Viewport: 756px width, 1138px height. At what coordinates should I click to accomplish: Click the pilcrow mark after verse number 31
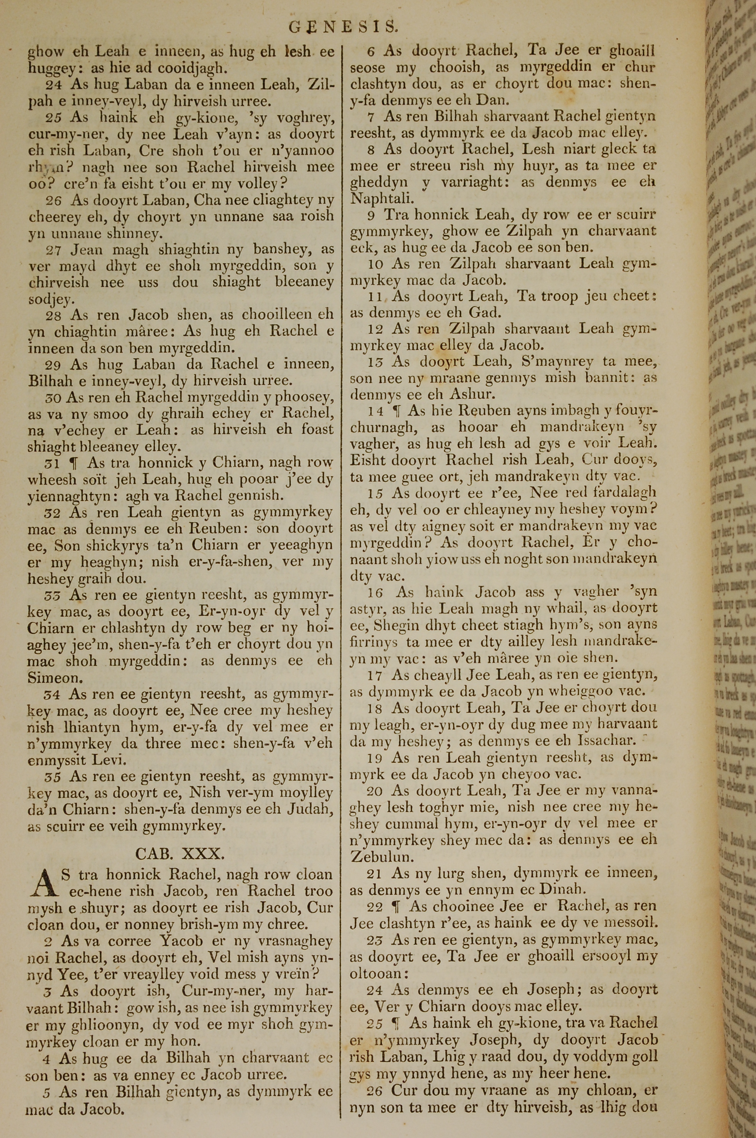coord(74,463)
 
